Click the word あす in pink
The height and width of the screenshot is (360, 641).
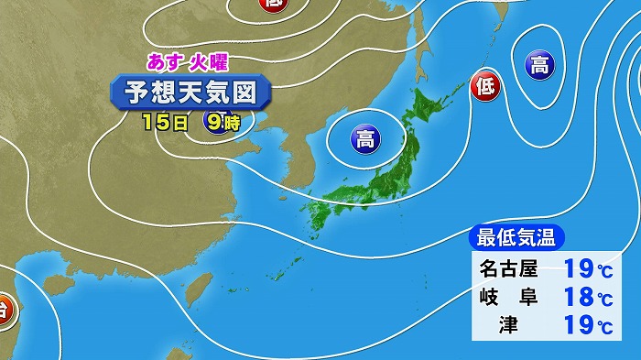tap(164, 62)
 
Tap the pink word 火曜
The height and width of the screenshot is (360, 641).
tap(207, 62)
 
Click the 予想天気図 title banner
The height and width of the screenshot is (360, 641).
tap(190, 92)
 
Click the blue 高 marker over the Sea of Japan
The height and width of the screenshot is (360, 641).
tap(364, 139)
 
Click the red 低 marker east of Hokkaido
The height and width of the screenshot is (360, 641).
tap(484, 88)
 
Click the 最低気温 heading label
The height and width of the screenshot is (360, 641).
tap(516, 238)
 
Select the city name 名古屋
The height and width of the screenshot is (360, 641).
tap(510, 269)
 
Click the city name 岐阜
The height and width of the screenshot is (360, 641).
tap(510, 298)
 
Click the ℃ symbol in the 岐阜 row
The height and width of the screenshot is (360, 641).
tap(605, 300)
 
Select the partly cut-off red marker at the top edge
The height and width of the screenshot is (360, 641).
tap(272, 5)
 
